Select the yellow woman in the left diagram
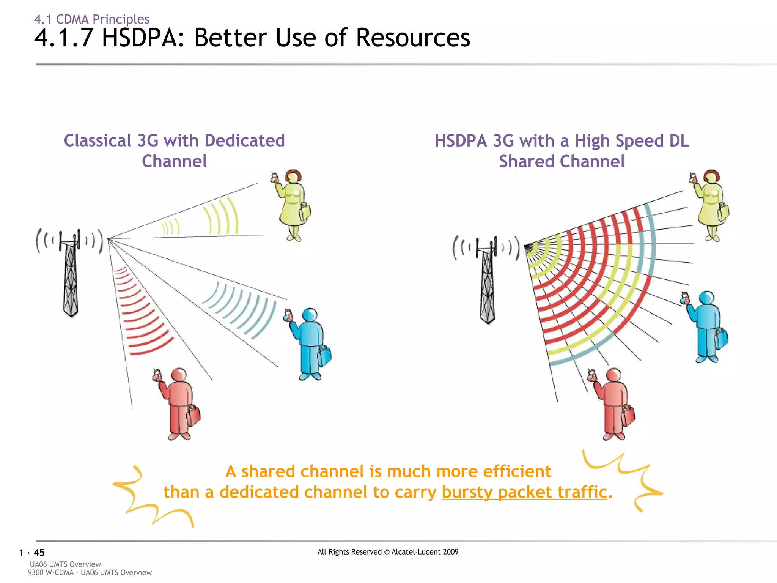pos(292,205)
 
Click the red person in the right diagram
pos(613,404)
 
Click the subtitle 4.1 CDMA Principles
pos(91,19)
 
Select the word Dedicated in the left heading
pos(245,141)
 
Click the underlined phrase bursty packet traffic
pos(524,492)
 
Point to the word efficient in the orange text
pos(517,471)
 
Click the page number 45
pos(39,553)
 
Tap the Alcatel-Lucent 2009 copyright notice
pos(388,552)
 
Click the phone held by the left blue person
pos(288,315)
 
